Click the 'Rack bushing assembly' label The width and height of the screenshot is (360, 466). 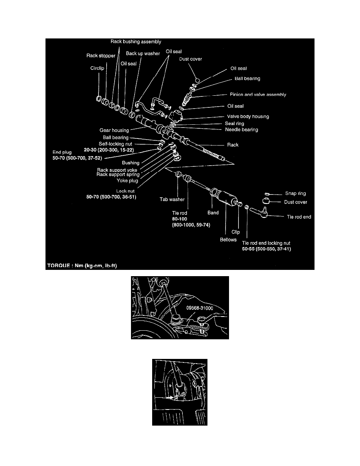pyautogui.click(x=136, y=42)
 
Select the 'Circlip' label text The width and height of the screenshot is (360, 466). pyautogui.click(x=97, y=68)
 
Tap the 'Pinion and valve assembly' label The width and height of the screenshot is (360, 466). pyautogui.click(x=258, y=95)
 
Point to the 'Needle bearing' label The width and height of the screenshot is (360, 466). pyautogui.click(x=242, y=129)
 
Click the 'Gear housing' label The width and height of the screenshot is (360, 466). pyautogui.click(x=114, y=130)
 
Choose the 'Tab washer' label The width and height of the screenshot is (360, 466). pyautogui.click(x=172, y=199)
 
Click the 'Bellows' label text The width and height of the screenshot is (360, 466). pyautogui.click(x=228, y=240)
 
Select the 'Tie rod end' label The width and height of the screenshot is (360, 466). pyautogui.click(x=299, y=217)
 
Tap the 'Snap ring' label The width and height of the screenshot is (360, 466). pyautogui.click(x=296, y=193)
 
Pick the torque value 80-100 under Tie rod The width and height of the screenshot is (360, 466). pyautogui.click(x=179, y=219)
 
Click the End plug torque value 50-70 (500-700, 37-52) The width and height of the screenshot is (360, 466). pyautogui.click(x=77, y=158)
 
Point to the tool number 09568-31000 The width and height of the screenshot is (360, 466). pyautogui.click(x=200, y=308)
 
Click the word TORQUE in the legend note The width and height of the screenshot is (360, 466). pyautogui.click(x=58, y=266)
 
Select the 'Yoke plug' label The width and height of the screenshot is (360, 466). pyautogui.click(x=127, y=181)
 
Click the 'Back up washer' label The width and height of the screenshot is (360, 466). pyautogui.click(x=143, y=53)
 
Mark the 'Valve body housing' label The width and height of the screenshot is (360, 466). pyautogui.click(x=248, y=116)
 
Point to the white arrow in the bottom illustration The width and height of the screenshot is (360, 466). pyautogui.click(x=170, y=397)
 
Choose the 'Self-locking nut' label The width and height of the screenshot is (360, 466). pyautogui.click(x=116, y=144)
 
